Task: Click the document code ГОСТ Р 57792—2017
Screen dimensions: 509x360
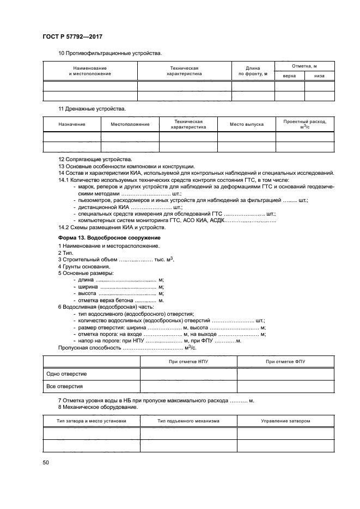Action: [x=72, y=36]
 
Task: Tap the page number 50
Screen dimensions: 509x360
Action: [x=46, y=463]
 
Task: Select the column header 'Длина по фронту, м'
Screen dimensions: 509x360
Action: [x=253, y=71]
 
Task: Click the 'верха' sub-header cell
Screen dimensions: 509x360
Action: [x=289, y=76]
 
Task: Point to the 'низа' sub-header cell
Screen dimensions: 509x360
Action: [x=319, y=76]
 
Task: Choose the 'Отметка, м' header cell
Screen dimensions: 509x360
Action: [x=304, y=66]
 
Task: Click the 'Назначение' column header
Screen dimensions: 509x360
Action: [x=72, y=125]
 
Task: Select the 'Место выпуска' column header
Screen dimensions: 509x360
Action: [x=246, y=125]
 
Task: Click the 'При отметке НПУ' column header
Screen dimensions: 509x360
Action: [x=188, y=361]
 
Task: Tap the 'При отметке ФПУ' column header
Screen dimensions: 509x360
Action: [x=285, y=361]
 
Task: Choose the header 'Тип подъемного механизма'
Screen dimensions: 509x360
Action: [x=188, y=421]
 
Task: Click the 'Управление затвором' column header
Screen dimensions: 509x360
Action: [x=285, y=421]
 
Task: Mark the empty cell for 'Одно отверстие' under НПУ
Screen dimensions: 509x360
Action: [x=188, y=374]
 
